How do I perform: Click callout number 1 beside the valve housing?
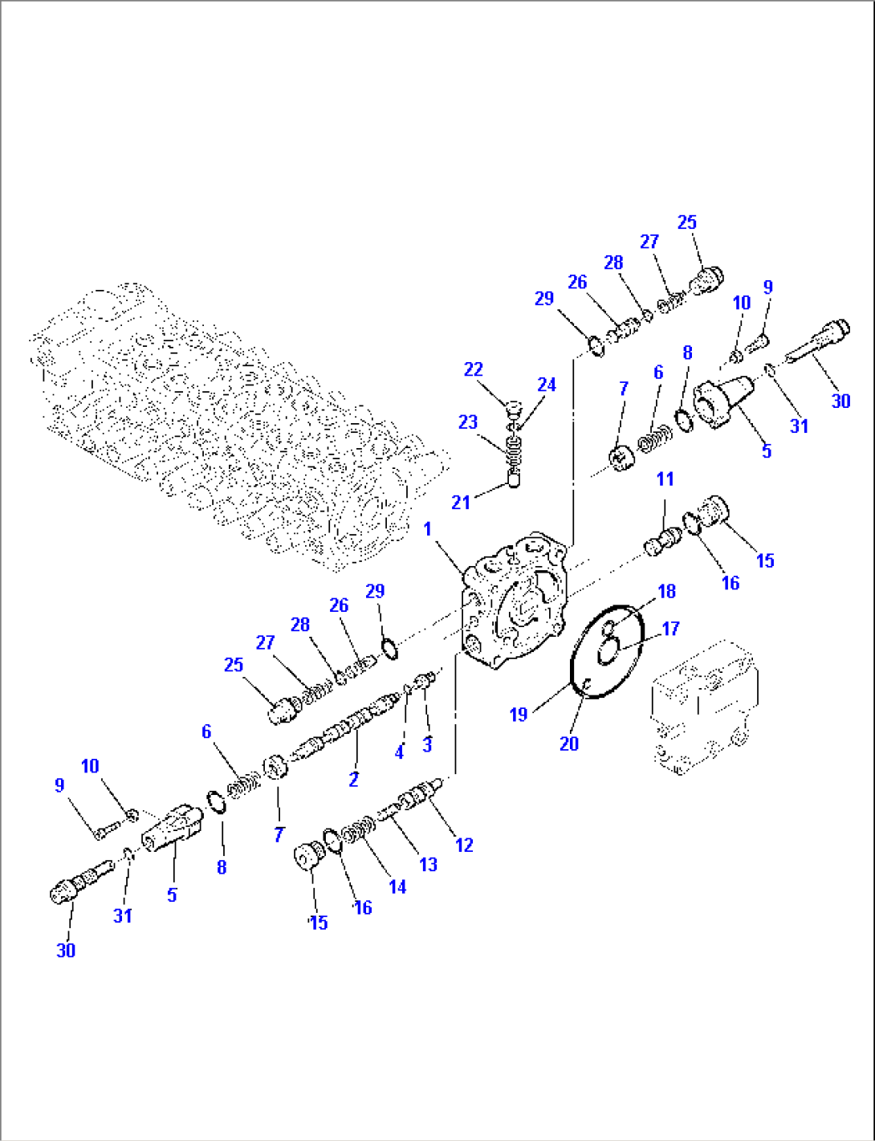click(x=427, y=529)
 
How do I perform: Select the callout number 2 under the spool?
click(x=353, y=778)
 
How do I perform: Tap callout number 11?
click(x=665, y=479)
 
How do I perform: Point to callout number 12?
click(x=464, y=845)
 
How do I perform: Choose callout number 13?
click(x=429, y=864)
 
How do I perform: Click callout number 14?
click(x=397, y=886)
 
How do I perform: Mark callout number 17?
click(x=670, y=629)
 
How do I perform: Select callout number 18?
click(x=666, y=592)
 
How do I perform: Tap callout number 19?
click(x=519, y=714)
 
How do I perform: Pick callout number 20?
click(x=568, y=744)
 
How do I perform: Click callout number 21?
click(x=460, y=503)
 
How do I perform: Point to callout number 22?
click(x=474, y=369)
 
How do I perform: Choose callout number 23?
click(x=467, y=422)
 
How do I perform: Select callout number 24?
click(x=547, y=385)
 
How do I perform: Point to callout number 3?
click(x=427, y=744)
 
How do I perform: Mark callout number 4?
click(x=399, y=752)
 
